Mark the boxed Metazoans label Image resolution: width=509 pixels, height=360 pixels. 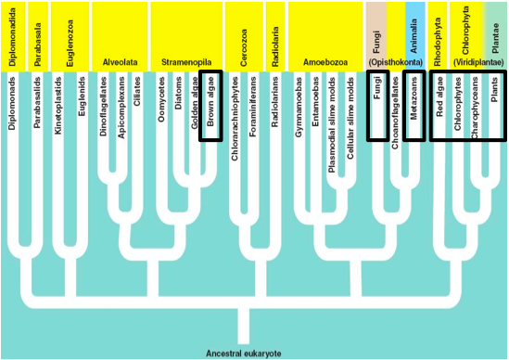coord(414,107)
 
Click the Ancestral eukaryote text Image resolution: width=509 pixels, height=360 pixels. coord(243,353)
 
